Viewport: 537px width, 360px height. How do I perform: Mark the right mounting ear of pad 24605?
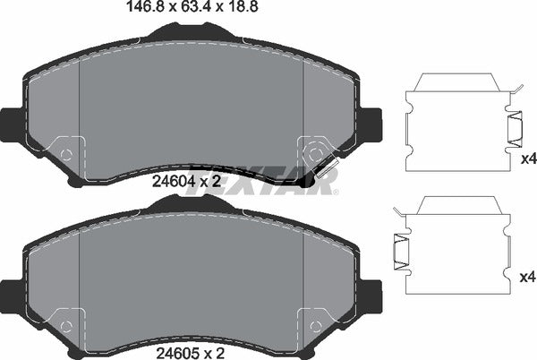[x=371, y=293]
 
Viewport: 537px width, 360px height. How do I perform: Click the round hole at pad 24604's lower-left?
[x=65, y=153]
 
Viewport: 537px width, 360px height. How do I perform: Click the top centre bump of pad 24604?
[x=191, y=31]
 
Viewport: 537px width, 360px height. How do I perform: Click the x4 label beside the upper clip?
[x=528, y=159]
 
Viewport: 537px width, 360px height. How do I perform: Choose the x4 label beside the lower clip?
[x=528, y=278]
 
